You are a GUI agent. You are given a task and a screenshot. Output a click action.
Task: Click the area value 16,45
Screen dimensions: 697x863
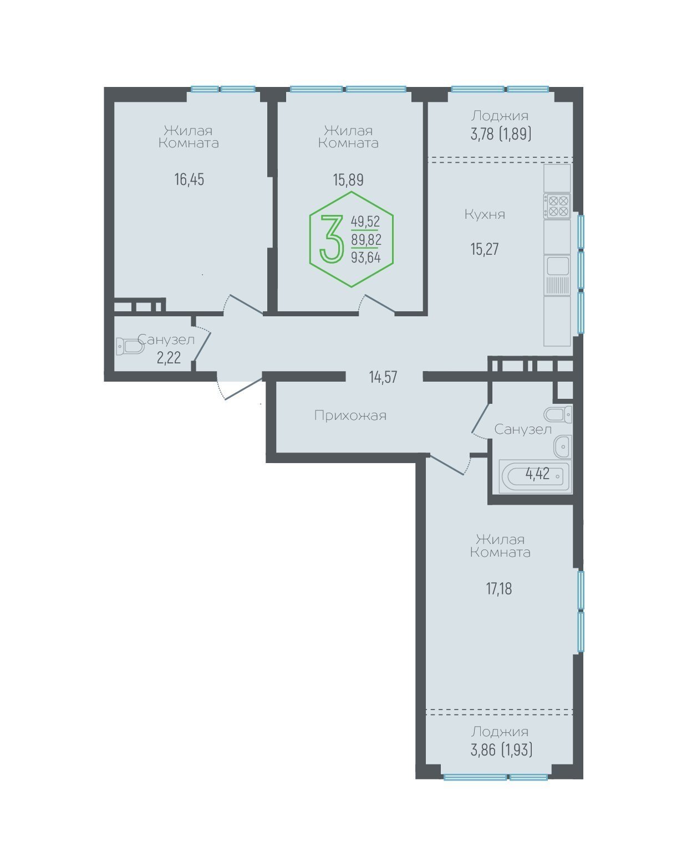tap(189, 179)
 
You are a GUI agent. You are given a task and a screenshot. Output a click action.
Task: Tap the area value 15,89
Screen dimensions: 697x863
tap(348, 179)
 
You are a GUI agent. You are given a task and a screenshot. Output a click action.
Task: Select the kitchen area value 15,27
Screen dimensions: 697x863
tap(485, 249)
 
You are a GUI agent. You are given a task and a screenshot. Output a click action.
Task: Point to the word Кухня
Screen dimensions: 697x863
tap(485, 214)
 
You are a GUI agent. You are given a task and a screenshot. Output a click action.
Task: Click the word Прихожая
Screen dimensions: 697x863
tap(350, 415)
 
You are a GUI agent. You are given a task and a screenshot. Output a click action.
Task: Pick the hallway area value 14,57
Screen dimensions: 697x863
tap(383, 377)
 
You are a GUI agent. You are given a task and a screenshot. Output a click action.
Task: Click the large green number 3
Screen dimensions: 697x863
tap(332, 239)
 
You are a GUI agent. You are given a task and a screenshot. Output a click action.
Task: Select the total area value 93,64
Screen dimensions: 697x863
tap(366, 257)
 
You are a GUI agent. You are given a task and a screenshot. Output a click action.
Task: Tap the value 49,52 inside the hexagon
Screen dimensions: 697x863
tap(365, 221)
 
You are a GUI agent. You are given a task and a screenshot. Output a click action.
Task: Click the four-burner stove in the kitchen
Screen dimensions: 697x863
tap(557, 206)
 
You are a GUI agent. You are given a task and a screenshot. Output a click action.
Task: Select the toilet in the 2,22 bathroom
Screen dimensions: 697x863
tap(130, 346)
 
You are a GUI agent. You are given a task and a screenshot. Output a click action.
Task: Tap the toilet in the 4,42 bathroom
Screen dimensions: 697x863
tap(558, 414)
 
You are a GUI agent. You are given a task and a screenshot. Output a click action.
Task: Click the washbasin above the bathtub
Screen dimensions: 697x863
tap(563, 446)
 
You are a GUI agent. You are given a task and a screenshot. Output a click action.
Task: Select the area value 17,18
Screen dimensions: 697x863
tap(499, 589)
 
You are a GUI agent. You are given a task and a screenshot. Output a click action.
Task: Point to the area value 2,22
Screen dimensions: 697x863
tap(169, 357)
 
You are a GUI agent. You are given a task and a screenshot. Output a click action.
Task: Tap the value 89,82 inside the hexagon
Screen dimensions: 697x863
tap(366, 240)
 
